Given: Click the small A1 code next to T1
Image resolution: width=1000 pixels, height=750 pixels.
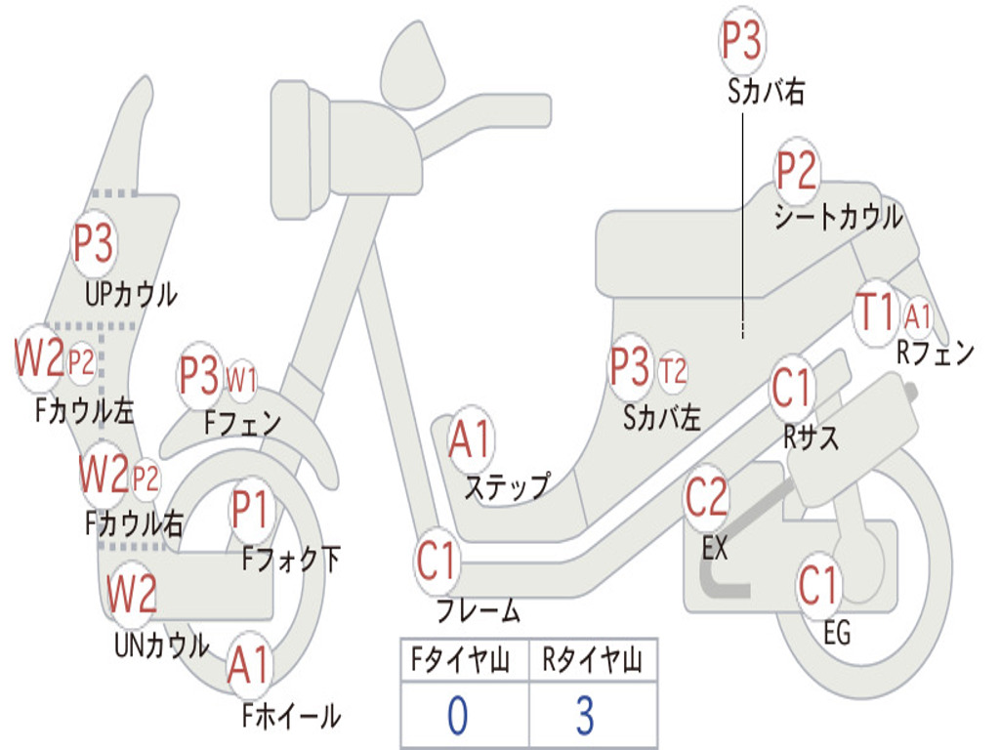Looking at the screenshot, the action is click(918, 315).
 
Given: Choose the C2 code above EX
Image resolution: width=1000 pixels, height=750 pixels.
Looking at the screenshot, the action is click(706, 499).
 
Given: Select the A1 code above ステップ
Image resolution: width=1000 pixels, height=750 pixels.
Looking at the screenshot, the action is click(471, 439).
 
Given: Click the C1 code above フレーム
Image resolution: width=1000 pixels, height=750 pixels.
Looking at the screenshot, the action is click(437, 562).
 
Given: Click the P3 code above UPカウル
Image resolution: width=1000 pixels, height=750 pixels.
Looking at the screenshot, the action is click(94, 244).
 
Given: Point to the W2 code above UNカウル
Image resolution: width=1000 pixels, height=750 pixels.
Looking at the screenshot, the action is click(132, 593).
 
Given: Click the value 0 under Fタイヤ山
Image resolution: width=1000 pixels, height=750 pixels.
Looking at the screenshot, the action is click(457, 716).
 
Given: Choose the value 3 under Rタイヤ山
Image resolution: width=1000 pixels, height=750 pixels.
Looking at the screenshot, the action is click(584, 716).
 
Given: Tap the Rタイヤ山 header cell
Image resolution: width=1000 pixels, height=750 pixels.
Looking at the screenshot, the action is click(592, 663).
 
